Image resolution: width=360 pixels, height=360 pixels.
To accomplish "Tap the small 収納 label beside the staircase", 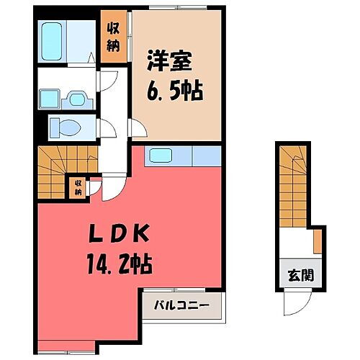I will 77,188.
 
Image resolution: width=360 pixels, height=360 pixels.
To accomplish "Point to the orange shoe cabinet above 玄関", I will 316,242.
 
